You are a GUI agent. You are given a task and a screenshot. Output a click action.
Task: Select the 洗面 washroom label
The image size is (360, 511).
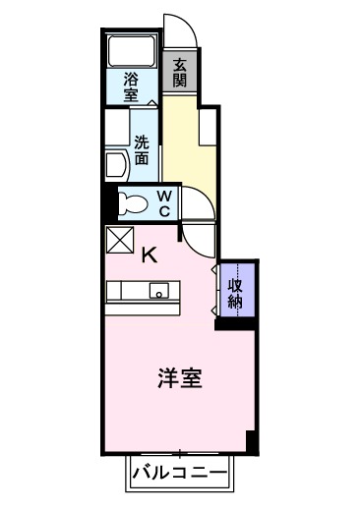(142, 148)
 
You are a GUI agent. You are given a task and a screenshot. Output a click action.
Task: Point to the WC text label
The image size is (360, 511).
(164, 203)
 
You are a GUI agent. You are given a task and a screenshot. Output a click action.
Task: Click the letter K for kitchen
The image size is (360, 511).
(149, 255)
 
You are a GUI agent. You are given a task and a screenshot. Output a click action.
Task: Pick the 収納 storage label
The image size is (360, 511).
(236, 293)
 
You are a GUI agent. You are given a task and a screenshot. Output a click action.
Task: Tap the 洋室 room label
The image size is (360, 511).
(180, 379)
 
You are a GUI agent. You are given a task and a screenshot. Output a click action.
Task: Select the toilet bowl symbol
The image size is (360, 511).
(127, 202)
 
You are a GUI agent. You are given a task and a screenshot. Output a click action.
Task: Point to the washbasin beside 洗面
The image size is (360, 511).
(114, 162)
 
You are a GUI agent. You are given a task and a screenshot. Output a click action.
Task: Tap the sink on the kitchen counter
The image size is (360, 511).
(157, 292)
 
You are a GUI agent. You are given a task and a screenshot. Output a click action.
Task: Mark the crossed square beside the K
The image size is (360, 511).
(120, 240)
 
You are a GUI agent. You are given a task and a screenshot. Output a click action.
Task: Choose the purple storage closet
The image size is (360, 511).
(237, 291)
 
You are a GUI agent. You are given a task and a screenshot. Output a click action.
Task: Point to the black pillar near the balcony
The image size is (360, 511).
(251, 443)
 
